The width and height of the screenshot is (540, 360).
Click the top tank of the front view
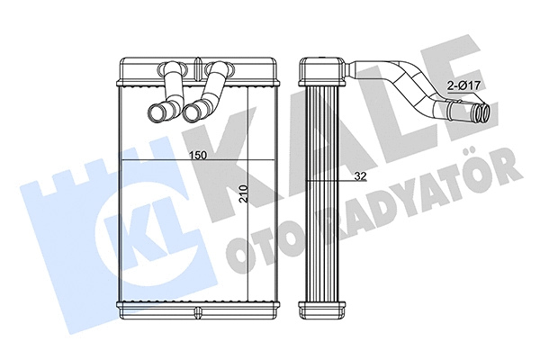click(197, 72)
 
